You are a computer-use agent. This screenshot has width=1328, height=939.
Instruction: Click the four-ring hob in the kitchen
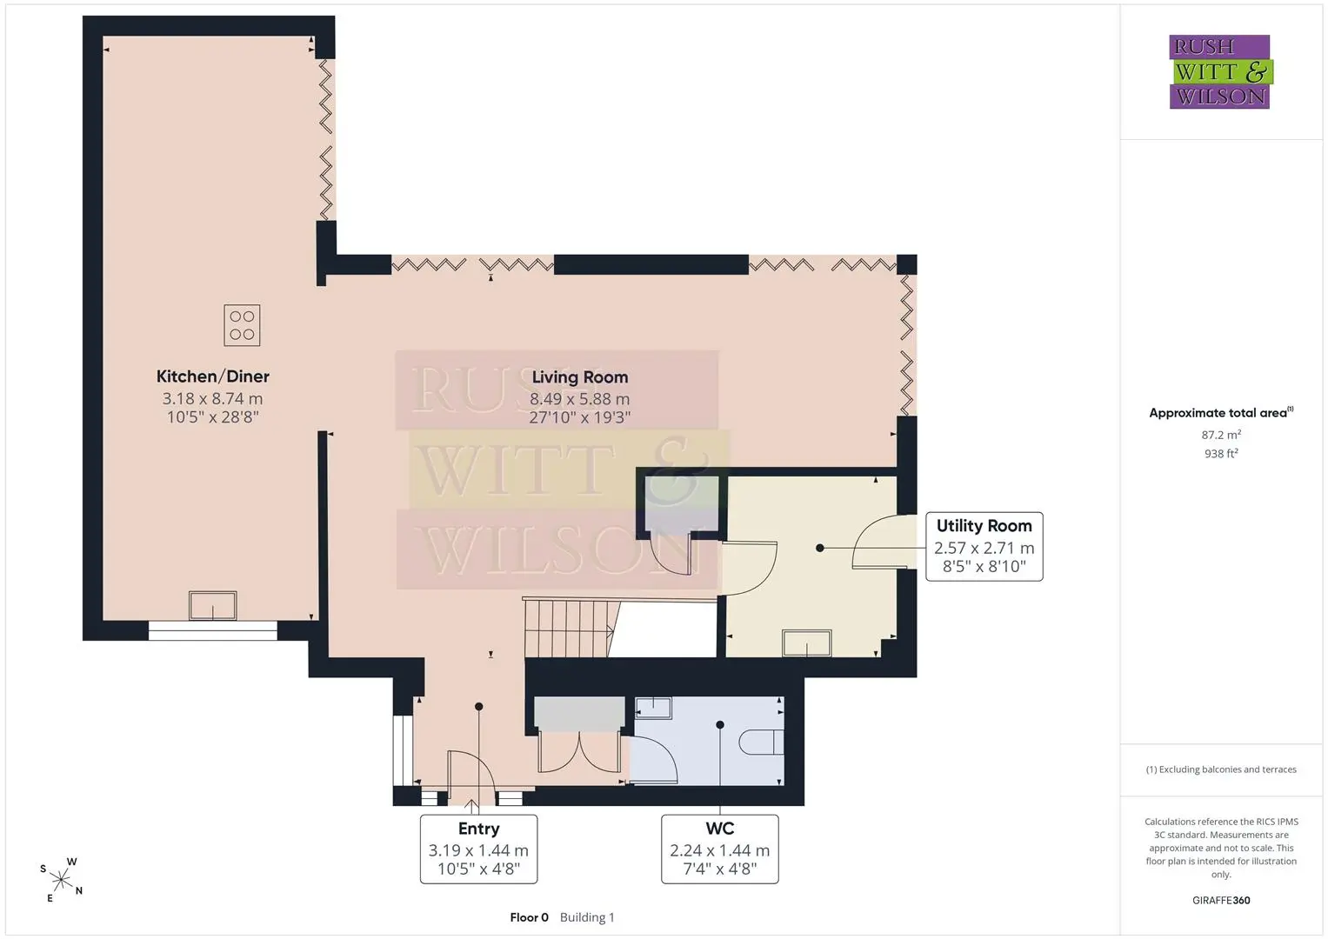point(242,325)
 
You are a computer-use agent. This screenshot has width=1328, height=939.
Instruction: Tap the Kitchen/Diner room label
point(213,376)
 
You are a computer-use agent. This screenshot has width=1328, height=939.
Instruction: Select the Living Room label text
point(580,377)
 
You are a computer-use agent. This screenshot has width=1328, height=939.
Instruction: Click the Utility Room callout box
point(984,547)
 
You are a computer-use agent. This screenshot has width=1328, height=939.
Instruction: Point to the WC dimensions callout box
point(720,849)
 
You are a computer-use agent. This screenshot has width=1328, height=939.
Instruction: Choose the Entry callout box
point(478,849)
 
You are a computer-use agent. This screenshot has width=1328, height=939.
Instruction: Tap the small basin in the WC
point(653,708)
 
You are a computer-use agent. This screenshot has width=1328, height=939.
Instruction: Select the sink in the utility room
point(807,643)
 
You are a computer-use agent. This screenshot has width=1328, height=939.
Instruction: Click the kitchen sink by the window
point(213,605)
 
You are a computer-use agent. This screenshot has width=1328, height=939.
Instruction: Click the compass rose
point(61,880)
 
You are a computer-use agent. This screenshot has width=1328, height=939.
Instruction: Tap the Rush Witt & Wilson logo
point(1221,71)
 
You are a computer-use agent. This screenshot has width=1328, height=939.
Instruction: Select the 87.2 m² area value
point(1221,435)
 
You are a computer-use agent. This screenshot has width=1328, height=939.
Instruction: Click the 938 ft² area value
point(1221,454)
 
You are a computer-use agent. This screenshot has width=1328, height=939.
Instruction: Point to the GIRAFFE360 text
point(1221,900)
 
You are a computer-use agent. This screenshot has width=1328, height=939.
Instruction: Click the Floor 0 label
point(529,917)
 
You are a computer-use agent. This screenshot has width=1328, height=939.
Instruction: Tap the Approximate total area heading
point(1221,413)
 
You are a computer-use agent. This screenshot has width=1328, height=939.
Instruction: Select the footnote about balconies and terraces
point(1221,769)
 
